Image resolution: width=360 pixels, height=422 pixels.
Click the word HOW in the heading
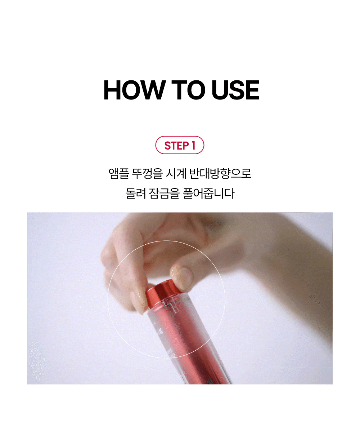pyautogui.click(x=134, y=90)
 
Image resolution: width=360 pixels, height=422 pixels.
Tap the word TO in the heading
pyautogui.click(x=188, y=90)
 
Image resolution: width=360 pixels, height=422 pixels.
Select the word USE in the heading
pyautogui.click(x=235, y=90)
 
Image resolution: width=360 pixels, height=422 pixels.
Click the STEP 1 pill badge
pyautogui.click(x=180, y=145)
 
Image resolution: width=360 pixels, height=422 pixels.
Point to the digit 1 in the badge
pyautogui.click(x=193, y=145)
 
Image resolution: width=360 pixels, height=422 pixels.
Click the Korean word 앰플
pyautogui.click(x=119, y=173)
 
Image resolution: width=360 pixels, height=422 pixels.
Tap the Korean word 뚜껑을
pyautogui.click(x=147, y=173)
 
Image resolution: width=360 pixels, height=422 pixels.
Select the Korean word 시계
pyautogui.click(x=176, y=173)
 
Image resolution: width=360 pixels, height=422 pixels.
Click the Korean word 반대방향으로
pyautogui.click(x=220, y=173)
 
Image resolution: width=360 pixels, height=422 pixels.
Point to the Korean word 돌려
pyautogui.click(x=136, y=193)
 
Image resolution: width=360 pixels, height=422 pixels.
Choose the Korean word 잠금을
pyautogui.click(x=164, y=193)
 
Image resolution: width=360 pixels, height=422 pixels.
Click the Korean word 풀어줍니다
pyautogui.click(x=208, y=193)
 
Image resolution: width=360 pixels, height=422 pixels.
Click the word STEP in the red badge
pyautogui.click(x=176, y=145)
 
